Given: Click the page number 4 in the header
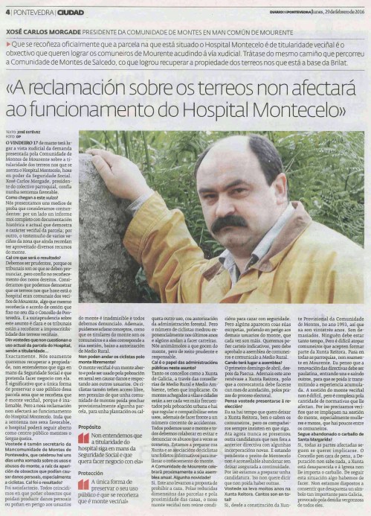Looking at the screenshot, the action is coord(6,10).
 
